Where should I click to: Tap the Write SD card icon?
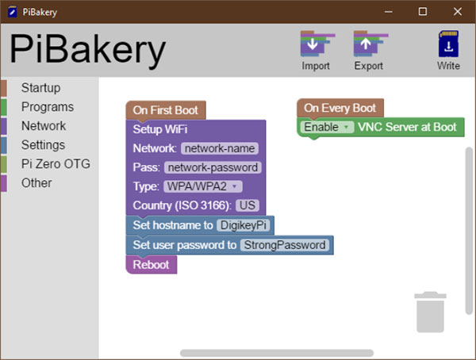(448, 44)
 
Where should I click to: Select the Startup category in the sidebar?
(40, 88)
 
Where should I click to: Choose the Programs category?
(48, 107)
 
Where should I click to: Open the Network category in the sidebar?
(44, 126)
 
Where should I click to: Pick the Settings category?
(43, 145)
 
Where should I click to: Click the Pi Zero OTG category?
(56, 164)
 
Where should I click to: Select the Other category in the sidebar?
(36, 183)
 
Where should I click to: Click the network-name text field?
(220, 148)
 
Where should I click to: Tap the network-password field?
(213, 167)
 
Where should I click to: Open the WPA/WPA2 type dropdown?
(203, 186)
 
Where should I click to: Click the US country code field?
(248, 205)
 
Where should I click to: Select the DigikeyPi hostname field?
(244, 225)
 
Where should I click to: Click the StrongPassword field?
(285, 245)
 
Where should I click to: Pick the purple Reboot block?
(152, 265)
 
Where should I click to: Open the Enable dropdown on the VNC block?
(327, 127)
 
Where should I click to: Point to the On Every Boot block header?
(340, 108)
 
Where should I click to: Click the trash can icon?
(430, 312)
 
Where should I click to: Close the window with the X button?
(458, 12)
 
